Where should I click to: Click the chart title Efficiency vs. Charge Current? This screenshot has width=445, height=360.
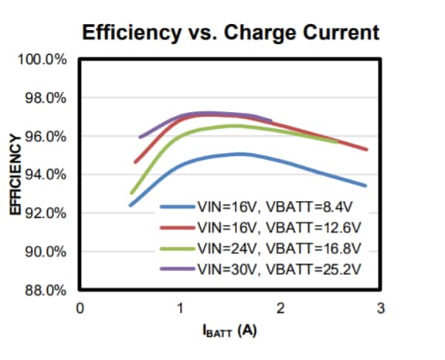click(x=230, y=32)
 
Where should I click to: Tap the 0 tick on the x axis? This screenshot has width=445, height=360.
click(x=80, y=308)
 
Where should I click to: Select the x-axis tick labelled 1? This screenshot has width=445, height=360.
click(x=180, y=308)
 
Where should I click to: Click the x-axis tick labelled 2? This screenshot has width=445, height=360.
click(x=280, y=308)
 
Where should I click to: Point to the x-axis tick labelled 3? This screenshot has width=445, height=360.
click(x=379, y=308)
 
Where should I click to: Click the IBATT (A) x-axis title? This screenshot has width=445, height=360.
click(x=229, y=331)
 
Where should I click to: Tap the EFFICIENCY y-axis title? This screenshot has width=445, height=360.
click(x=15, y=175)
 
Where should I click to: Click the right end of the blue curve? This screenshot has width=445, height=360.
click(x=365, y=185)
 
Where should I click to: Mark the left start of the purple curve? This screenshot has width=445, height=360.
click(x=140, y=138)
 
